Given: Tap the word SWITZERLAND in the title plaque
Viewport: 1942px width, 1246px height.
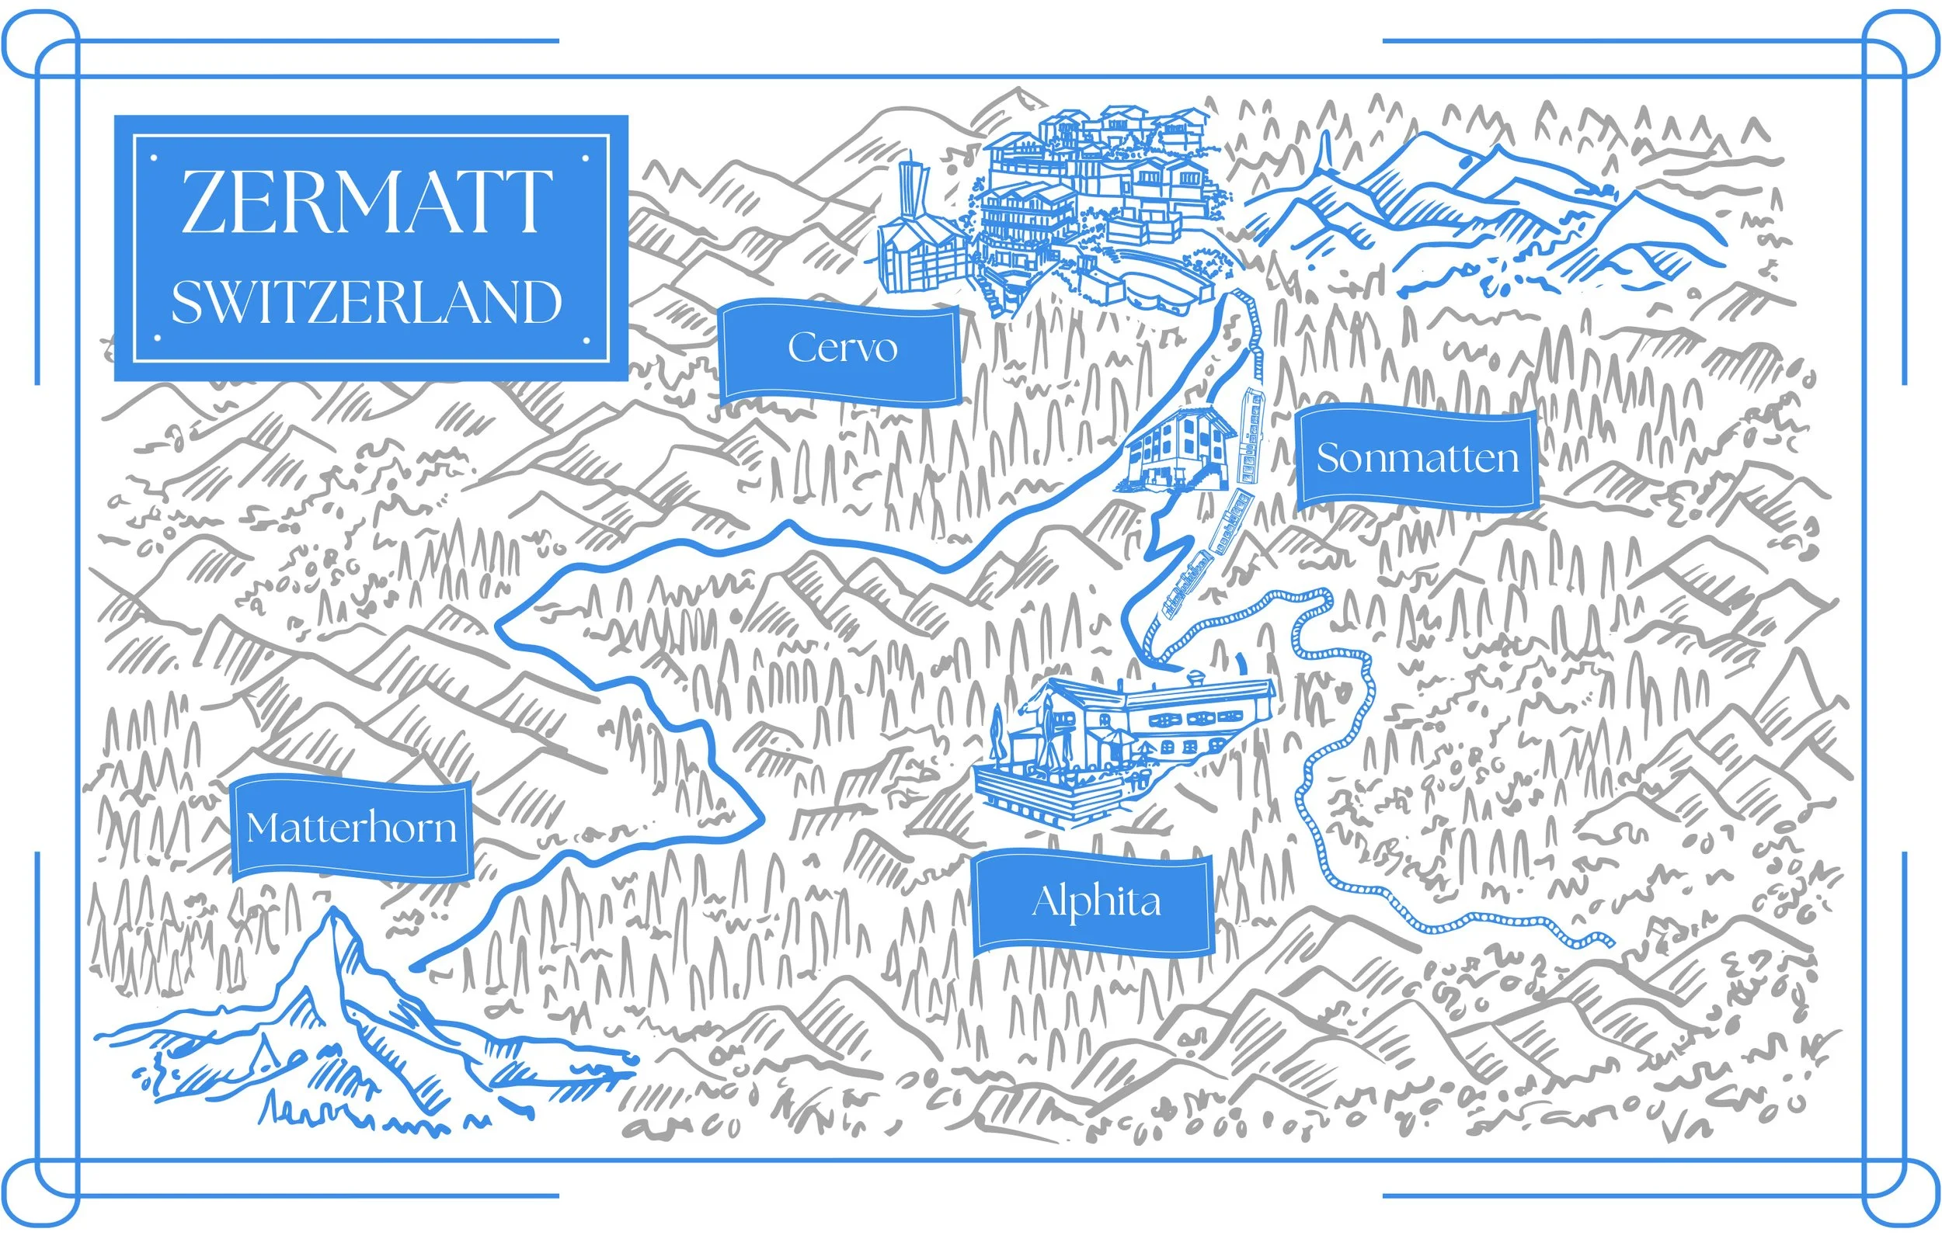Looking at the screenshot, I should tap(366, 303).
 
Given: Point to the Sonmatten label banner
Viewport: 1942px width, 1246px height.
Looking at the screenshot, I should tap(1417, 458).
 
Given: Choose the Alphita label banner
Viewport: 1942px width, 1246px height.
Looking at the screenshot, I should tap(1095, 901).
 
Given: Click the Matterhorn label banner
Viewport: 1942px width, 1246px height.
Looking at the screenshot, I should tap(351, 828).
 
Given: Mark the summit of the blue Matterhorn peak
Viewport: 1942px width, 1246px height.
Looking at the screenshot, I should tap(332, 913).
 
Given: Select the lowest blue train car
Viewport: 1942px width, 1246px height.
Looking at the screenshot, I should tap(1186, 585).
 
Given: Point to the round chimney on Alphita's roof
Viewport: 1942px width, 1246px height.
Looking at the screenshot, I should tap(1195, 676).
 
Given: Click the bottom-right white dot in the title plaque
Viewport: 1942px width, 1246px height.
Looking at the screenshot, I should tap(586, 341).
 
